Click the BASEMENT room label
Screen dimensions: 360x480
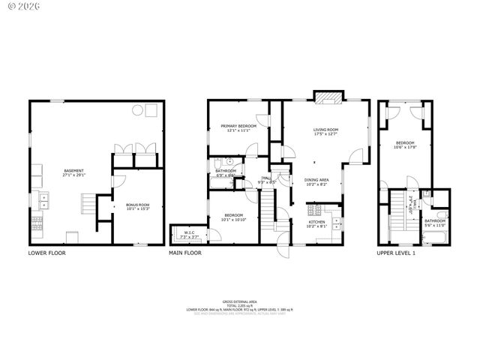pos(73,172)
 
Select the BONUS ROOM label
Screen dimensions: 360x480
pos(137,207)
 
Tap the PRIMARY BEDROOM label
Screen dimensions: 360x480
pos(238,128)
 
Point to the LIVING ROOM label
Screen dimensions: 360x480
pos(326,132)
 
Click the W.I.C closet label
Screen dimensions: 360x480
pos(190,234)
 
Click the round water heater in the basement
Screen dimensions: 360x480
pos(138,110)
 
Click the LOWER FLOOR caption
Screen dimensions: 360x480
pos(46,253)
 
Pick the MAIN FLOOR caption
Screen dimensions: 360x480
pos(185,253)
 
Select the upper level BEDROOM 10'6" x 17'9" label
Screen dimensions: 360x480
pos(405,145)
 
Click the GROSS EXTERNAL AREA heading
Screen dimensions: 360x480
pos(240,301)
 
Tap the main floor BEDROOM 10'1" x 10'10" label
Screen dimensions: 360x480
pos(234,218)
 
